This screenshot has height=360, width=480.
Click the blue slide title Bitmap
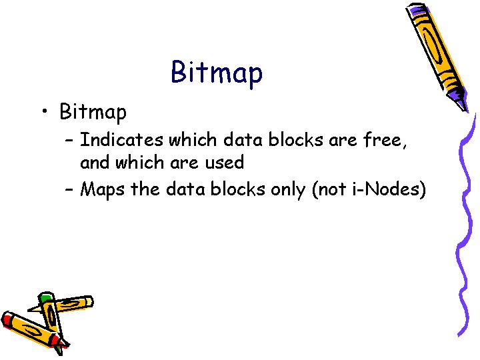217,73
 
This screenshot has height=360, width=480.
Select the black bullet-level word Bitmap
93,112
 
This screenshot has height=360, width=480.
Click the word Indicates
121,139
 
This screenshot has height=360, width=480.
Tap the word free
385,139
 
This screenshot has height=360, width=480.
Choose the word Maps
102,189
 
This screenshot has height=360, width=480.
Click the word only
288,190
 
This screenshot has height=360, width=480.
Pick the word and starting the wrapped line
95,161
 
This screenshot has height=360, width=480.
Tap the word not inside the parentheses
332,189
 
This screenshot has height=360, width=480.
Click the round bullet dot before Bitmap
45,111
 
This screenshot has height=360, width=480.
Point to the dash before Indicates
69,141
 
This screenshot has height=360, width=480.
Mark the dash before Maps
69,190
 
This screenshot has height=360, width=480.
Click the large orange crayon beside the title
437,55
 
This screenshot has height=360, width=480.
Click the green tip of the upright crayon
46,297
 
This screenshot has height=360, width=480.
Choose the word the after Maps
145,189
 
